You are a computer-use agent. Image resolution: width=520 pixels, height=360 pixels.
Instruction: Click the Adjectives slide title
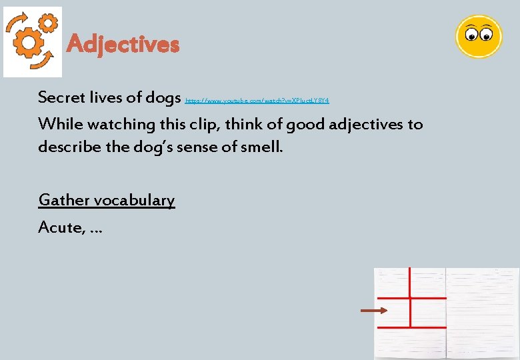123,45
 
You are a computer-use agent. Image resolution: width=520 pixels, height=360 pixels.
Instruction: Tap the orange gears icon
32,41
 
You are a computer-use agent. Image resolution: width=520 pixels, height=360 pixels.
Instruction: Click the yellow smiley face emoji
478,36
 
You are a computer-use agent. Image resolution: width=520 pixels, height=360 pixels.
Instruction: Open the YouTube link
257,100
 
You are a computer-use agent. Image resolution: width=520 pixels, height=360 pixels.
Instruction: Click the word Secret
61,97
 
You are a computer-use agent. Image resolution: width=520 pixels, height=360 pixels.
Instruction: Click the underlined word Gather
64,200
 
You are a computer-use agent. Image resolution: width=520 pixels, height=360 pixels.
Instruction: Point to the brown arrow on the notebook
373,311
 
